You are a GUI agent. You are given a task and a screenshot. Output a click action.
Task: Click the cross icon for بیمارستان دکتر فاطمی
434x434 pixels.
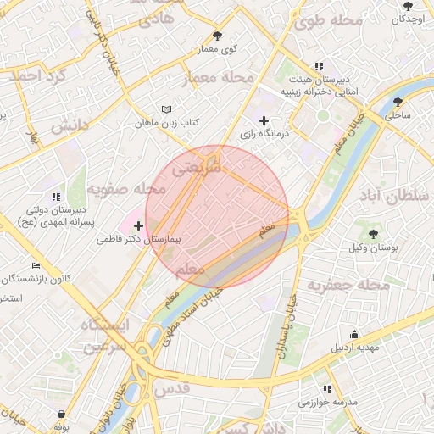click(139, 226)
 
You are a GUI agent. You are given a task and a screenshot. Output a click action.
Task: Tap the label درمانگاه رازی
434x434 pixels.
click(264, 134)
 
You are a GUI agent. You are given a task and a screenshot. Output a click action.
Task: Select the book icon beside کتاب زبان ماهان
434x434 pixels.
click(166, 109)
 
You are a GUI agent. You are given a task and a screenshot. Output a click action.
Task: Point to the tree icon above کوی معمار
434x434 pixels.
click(218, 36)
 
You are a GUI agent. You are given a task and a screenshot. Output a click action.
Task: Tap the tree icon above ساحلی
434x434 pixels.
click(398, 102)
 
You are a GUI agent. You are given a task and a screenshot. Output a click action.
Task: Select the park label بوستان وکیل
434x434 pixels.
click(373, 248)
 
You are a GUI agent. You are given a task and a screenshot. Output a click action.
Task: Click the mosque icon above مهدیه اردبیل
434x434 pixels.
click(354, 334)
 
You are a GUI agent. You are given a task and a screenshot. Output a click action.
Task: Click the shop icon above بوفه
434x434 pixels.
click(62, 415)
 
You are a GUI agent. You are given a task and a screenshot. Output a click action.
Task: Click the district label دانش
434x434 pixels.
click(70, 127)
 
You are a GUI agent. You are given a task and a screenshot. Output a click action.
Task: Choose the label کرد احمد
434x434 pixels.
click(37, 76)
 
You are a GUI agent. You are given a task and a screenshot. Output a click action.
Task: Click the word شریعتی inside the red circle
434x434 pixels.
click(197, 169)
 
